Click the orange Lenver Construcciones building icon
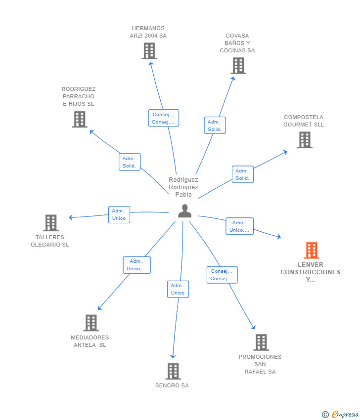click(312, 250)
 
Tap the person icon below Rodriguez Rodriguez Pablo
click(184, 211)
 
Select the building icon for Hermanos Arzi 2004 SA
click(149, 51)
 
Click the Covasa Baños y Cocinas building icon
click(238, 66)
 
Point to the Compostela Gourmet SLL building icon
click(305, 140)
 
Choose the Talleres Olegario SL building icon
click(51, 222)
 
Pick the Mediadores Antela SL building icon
click(91, 323)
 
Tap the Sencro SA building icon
click(173, 371)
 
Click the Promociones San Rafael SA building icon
click(261, 342)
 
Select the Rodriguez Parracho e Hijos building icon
click(80, 119)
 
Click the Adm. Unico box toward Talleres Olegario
click(119, 214)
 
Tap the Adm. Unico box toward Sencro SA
click(178, 289)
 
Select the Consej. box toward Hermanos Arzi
click(164, 118)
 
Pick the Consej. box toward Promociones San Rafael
click(222, 275)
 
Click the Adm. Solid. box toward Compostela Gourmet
click(243, 174)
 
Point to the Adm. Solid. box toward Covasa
click(215, 126)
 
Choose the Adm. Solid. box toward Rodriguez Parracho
click(130, 162)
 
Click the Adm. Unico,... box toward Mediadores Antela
click(137, 265)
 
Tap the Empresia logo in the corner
click(340, 415)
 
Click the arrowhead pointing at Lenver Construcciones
click(279, 237)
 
